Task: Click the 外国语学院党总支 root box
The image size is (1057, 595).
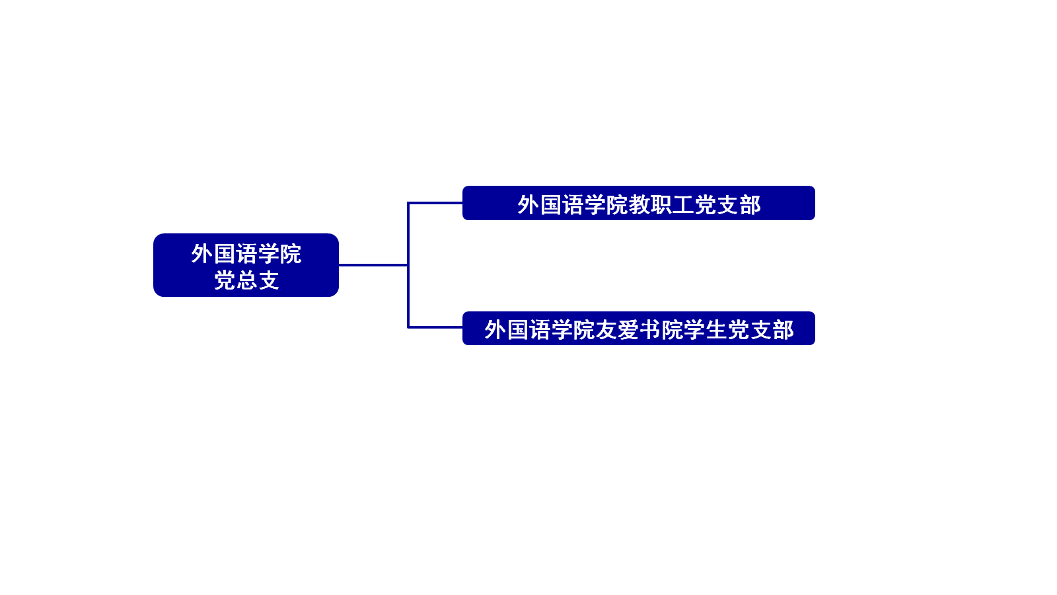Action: pyautogui.click(x=246, y=265)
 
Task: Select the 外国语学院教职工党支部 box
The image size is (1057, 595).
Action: pyautogui.click(x=638, y=203)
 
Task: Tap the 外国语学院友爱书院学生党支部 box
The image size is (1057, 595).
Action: pyautogui.click(x=638, y=328)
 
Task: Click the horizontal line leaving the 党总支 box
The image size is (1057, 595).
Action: pyautogui.click(x=373, y=265)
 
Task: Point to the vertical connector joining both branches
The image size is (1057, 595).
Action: pyautogui.click(x=408, y=265)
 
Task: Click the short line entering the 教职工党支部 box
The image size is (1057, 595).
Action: pyautogui.click(x=435, y=203)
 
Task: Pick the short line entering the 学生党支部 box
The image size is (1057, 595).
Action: pyautogui.click(x=435, y=327)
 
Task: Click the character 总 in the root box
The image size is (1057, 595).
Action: pyautogui.click(x=246, y=280)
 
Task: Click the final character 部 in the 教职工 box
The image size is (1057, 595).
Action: pyautogui.click(x=750, y=204)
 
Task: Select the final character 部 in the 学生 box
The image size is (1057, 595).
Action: pyautogui.click(x=783, y=330)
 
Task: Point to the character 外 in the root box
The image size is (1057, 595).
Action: pyautogui.click(x=201, y=254)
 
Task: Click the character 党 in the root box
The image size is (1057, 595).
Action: pyautogui.click(x=224, y=280)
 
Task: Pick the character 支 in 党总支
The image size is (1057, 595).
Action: pyautogui.click(x=268, y=280)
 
